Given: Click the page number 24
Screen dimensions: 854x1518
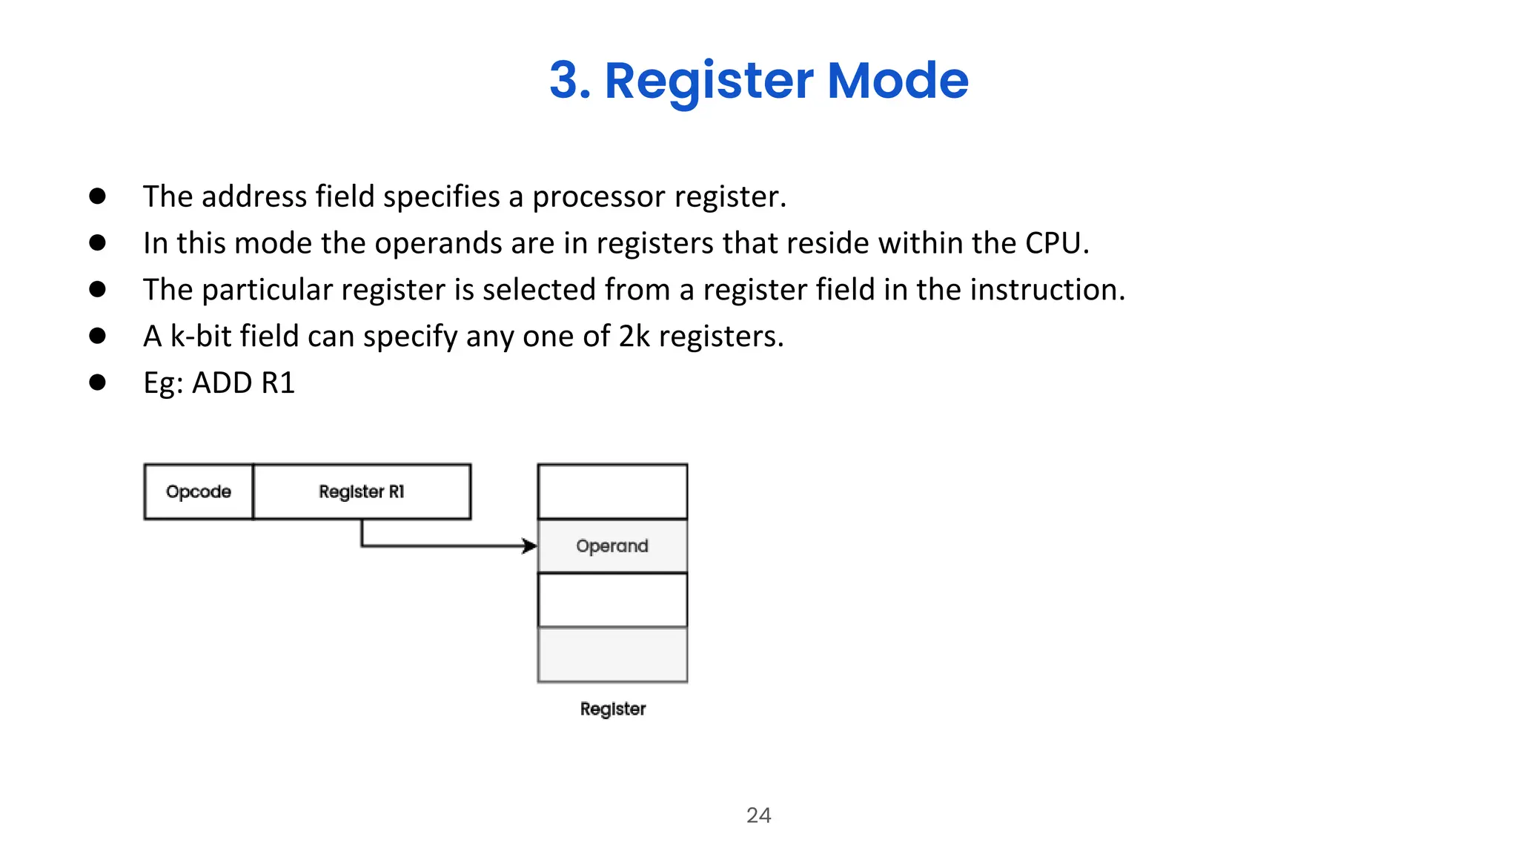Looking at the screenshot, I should tap(758, 815).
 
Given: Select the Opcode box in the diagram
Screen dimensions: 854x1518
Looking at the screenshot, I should tap(199, 491).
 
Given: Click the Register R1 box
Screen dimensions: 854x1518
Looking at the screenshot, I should tap(362, 491).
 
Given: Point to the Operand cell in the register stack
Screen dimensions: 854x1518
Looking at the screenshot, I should tap(612, 546).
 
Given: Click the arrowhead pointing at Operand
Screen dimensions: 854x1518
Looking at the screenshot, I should tap(530, 546).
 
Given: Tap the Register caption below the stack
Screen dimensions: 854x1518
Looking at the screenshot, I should tap(612, 709).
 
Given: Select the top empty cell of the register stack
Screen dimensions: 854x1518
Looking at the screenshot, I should tap(612, 491).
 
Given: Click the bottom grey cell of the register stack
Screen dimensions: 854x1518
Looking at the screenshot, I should tap(612, 655).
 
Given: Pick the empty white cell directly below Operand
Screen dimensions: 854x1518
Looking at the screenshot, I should tap(612, 600).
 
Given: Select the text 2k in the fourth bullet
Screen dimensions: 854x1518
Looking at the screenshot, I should tap(634, 337).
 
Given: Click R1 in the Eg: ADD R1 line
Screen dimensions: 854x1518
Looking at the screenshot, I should tap(278, 383).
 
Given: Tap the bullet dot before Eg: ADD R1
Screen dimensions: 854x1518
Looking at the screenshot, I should tap(97, 383).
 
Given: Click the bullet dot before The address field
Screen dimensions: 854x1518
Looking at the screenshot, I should tap(97, 196).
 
